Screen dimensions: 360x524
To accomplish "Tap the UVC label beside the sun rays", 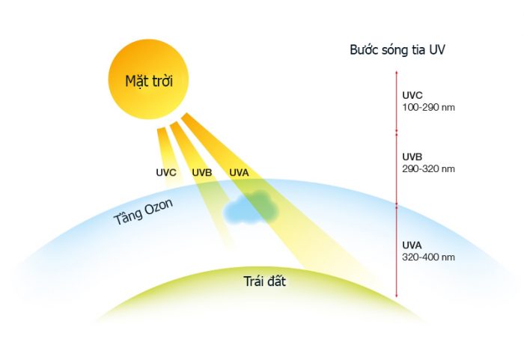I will point(166,173).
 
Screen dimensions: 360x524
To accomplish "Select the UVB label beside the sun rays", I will point(202,173).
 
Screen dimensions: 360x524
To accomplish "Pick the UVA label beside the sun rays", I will point(239,173).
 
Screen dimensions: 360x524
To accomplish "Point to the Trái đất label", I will point(265,282).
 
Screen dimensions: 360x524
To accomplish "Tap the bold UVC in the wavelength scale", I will point(413,96).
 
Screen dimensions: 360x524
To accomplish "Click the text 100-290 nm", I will point(428,107).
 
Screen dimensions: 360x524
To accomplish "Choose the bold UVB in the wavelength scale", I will point(413,157).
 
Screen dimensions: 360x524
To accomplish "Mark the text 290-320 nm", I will point(428,168).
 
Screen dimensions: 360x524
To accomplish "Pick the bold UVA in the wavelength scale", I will point(413,245).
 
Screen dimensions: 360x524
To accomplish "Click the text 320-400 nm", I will point(428,257).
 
